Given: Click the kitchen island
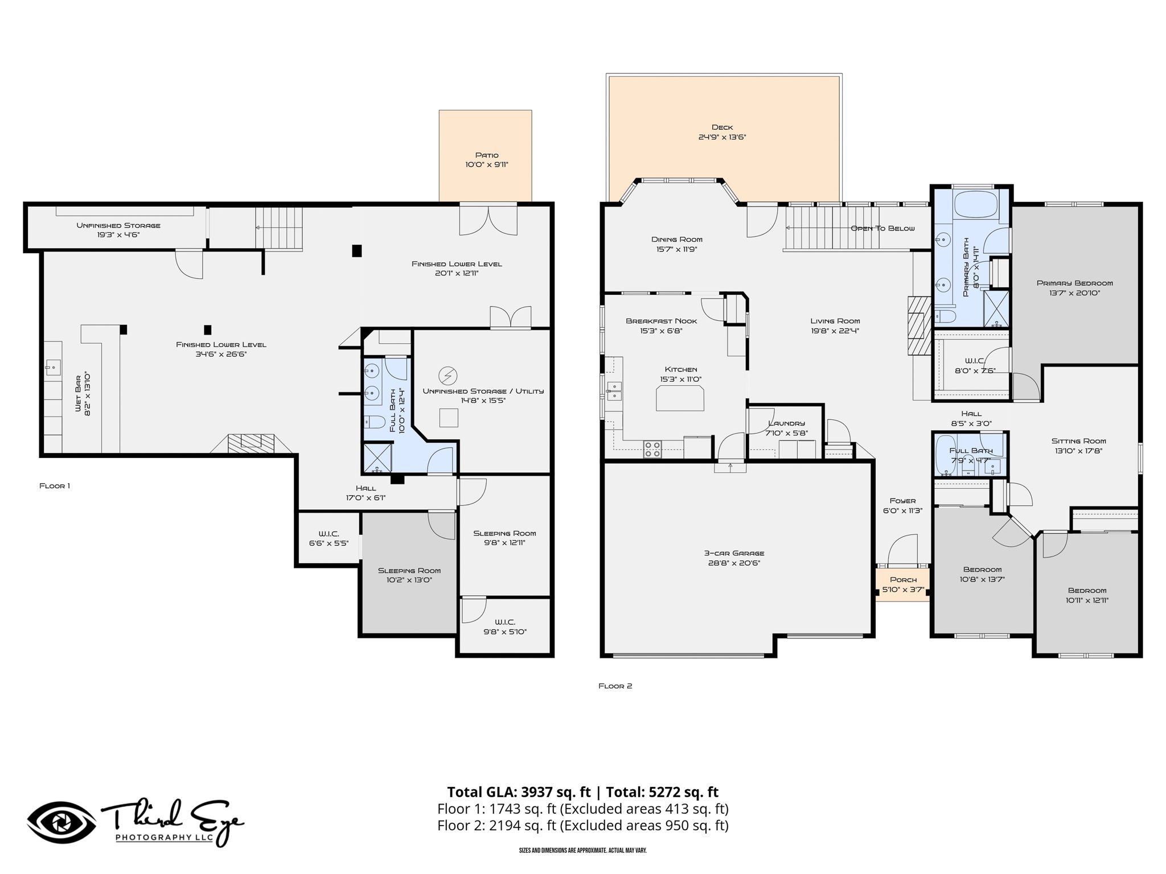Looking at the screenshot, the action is pos(680,398).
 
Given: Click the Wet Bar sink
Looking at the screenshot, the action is pos(52,368).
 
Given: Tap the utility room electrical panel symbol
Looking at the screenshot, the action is pos(447,376).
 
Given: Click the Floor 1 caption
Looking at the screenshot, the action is pos(55,486).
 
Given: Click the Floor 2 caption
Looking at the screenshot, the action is pos(615,686).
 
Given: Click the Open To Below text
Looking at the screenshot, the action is pos(882,228).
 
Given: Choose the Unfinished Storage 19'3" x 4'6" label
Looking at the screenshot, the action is pos(118,230).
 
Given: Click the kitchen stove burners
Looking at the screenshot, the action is pos(652,449).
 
